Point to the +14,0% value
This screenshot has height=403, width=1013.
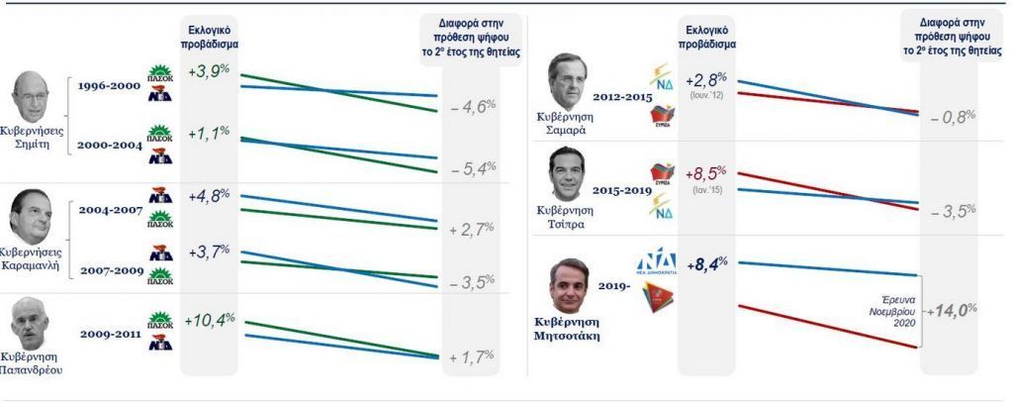[951, 310]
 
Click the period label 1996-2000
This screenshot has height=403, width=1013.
[109, 86]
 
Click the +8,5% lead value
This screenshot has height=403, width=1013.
[705, 174]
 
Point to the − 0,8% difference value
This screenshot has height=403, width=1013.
[953, 116]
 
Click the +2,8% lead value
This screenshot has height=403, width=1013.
[705, 78]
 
